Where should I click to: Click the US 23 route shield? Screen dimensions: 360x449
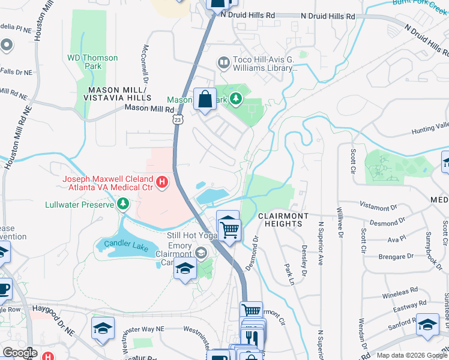(x=177, y=120)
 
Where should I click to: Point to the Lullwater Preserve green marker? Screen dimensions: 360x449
(x=123, y=205)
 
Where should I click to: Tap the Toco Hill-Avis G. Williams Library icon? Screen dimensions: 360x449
(x=223, y=62)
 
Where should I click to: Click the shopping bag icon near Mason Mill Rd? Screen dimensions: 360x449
(x=205, y=99)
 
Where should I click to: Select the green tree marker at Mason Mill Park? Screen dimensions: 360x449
(x=236, y=98)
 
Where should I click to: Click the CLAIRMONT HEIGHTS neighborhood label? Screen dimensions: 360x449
(x=283, y=220)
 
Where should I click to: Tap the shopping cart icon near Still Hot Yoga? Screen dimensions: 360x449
(x=229, y=228)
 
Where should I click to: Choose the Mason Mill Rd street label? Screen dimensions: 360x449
(x=149, y=109)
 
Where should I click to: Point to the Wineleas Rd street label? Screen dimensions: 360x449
(x=400, y=292)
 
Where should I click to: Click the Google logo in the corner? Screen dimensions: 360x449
(x=20, y=352)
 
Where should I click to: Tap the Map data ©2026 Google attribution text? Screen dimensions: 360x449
(x=411, y=355)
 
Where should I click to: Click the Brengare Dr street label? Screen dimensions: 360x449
(x=396, y=256)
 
